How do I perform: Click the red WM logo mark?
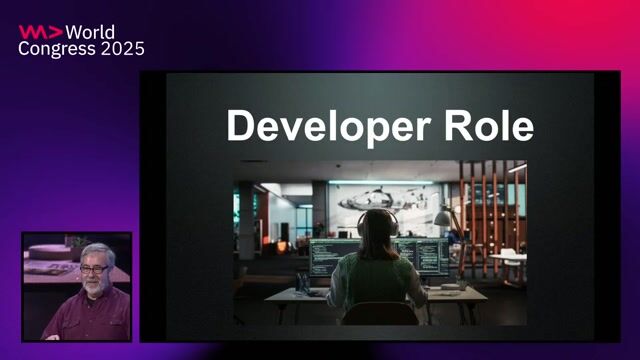click(x=39, y=31)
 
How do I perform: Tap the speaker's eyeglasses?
click(x=95, y=268)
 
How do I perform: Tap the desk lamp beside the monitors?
click(x=441, y=217)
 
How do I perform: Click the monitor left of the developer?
click(x=331, y=256)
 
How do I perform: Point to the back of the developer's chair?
click(x=379, y=313)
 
